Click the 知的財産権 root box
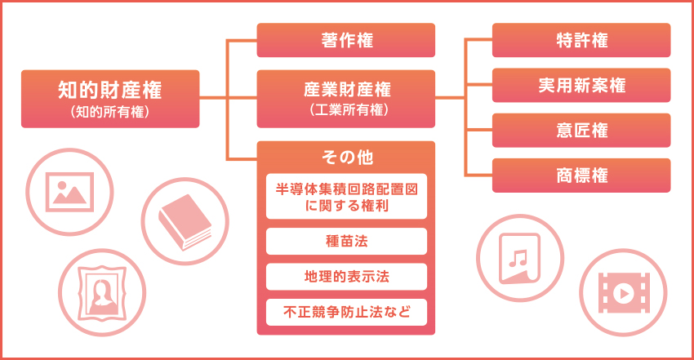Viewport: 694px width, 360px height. click(110, 98)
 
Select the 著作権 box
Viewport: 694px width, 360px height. click(346, 40)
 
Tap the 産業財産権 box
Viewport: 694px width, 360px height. click(346, 98)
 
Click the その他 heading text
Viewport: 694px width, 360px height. click(346, 155)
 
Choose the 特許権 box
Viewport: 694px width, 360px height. click(581, 40)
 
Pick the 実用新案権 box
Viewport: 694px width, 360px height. click(581, 85)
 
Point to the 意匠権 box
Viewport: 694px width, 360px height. click(581, 130)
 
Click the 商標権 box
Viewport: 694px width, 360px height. click(581, 175)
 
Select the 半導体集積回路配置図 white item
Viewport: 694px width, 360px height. click(346, 196)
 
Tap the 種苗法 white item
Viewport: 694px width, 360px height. click(346, 241)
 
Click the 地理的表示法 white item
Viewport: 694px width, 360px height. click(346, 277)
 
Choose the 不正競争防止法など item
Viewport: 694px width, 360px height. click(346, 313)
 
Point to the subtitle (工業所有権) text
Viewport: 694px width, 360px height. click(346, 109)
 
